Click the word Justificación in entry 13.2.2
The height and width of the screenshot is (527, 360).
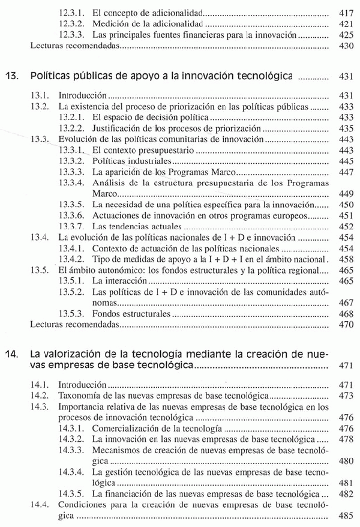click(118, 128)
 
